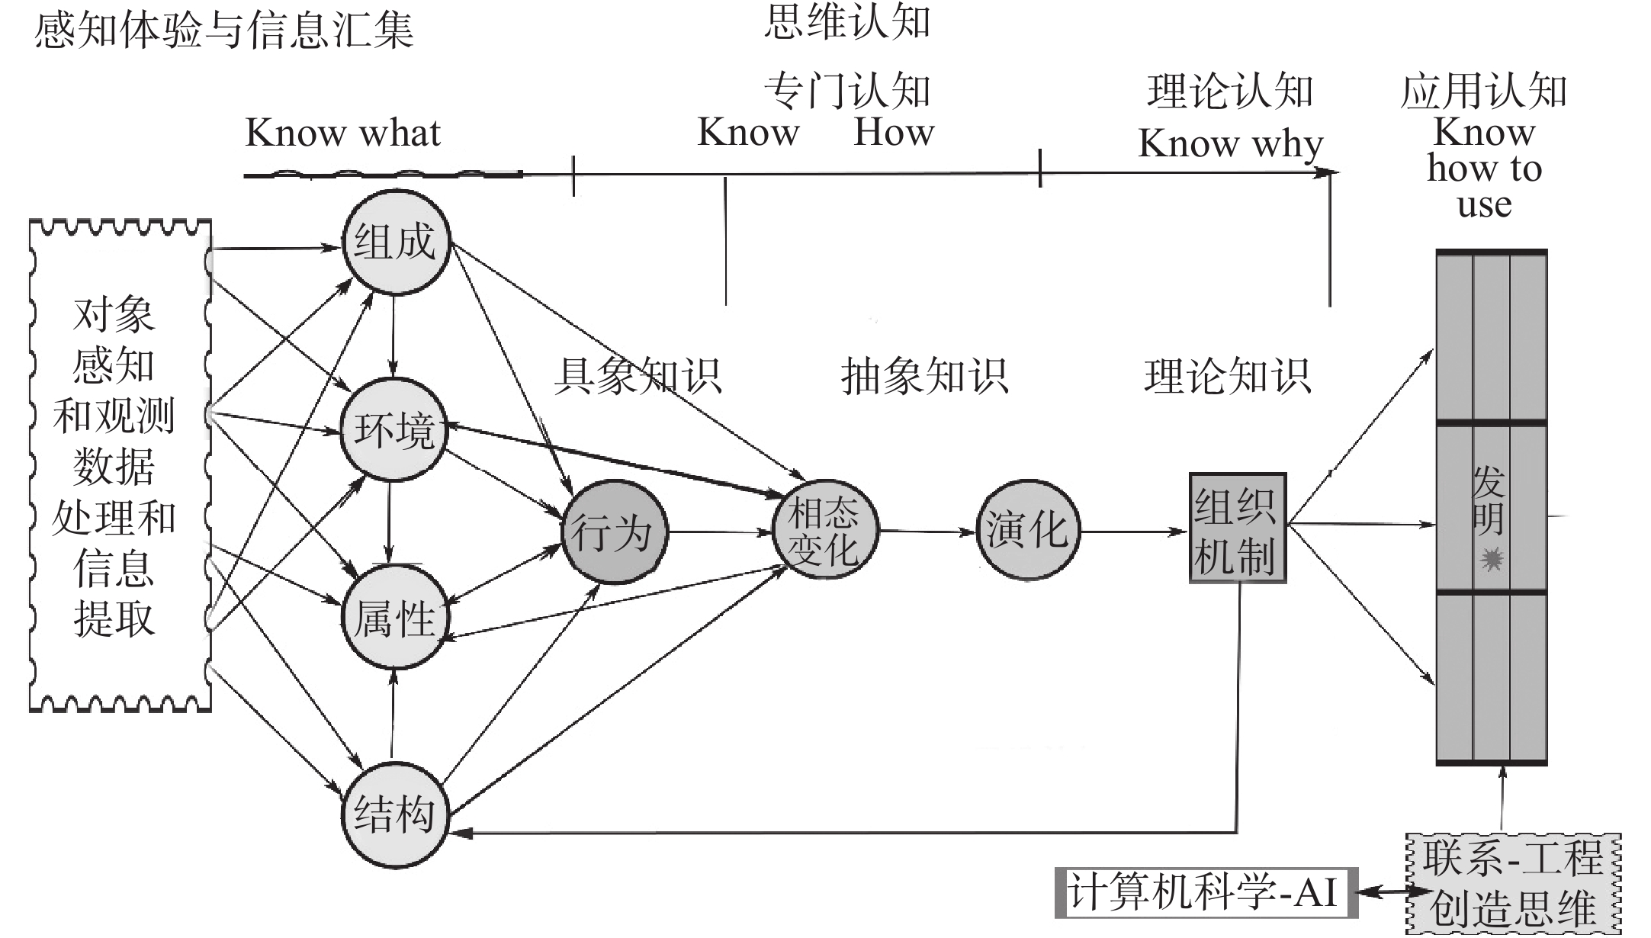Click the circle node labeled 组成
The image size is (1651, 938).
click(x=395, y=243)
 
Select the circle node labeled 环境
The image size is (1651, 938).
click(x=393, y=429)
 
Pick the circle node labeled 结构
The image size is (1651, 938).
click(x=393, y=814)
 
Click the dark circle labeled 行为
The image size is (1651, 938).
click(x=614, y=532)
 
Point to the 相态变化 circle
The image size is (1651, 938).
click(x=824, y=530)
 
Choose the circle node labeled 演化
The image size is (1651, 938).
click(x=1027, y=530)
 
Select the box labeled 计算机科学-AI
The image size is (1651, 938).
click(x=1206, y=891)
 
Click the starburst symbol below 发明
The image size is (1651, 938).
click(x=1492, y=560)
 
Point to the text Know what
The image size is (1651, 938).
click(x=343, y=133)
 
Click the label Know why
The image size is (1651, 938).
click(x=1230, y=143)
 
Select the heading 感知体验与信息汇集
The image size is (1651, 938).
click(x=223, y=31)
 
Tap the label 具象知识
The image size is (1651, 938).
click(x=638, y=376)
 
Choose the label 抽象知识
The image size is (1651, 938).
click(x=924, y=376)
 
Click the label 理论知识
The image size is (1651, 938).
click(x=1227, y=376)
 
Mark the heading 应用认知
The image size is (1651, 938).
click(x=1483, y=92)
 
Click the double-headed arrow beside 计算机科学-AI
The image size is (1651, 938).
click(x=1382, y=891)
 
